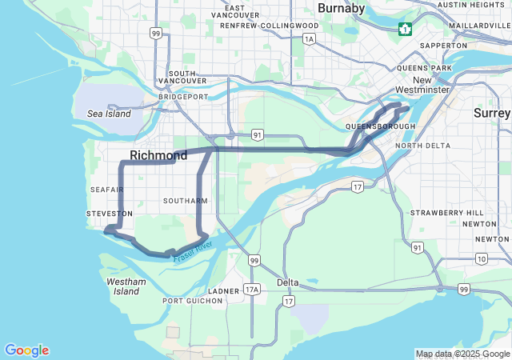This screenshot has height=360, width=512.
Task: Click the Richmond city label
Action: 158,154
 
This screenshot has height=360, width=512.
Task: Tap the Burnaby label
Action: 341,8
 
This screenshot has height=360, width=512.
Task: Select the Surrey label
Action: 492,114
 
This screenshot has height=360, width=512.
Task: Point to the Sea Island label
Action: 109,114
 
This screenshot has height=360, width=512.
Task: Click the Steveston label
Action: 110,214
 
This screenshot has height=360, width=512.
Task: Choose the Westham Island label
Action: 126,286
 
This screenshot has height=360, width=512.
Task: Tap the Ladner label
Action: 223,290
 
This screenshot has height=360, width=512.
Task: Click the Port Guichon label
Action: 193,301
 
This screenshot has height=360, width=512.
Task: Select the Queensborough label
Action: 380,126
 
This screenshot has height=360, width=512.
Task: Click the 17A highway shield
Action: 253,289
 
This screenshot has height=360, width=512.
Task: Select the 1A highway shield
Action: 310,38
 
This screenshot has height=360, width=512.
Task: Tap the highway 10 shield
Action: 481,258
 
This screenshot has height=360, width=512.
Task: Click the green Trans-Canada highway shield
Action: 406,30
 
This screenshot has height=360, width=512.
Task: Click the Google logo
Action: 26,350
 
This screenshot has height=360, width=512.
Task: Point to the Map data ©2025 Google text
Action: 462,354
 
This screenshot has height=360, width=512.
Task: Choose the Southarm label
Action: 184,200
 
